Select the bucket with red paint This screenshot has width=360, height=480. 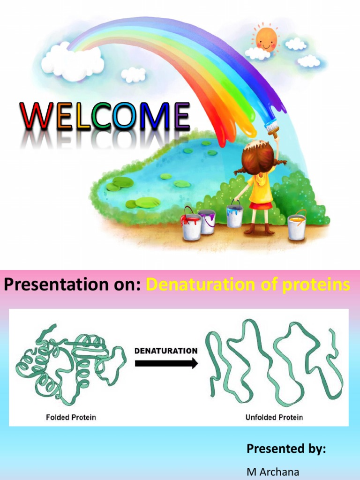pyautogui.click(x=191, y=226)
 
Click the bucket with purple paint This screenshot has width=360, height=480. pyautogui.click(x=207, y=221)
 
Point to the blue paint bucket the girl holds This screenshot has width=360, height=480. pyautogui.click(x=234, y=216)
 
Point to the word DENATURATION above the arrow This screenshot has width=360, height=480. pyautogui.click(x=166, y=350)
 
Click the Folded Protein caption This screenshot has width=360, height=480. pyautogui.click(x=71, y=417)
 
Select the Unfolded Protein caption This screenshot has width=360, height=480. pyautogui.click(x=274, y=417)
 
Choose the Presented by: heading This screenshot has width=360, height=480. pyautogui.click(x=286, y=449)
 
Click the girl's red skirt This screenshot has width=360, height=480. pyautogui.click(x=261, y=205)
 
